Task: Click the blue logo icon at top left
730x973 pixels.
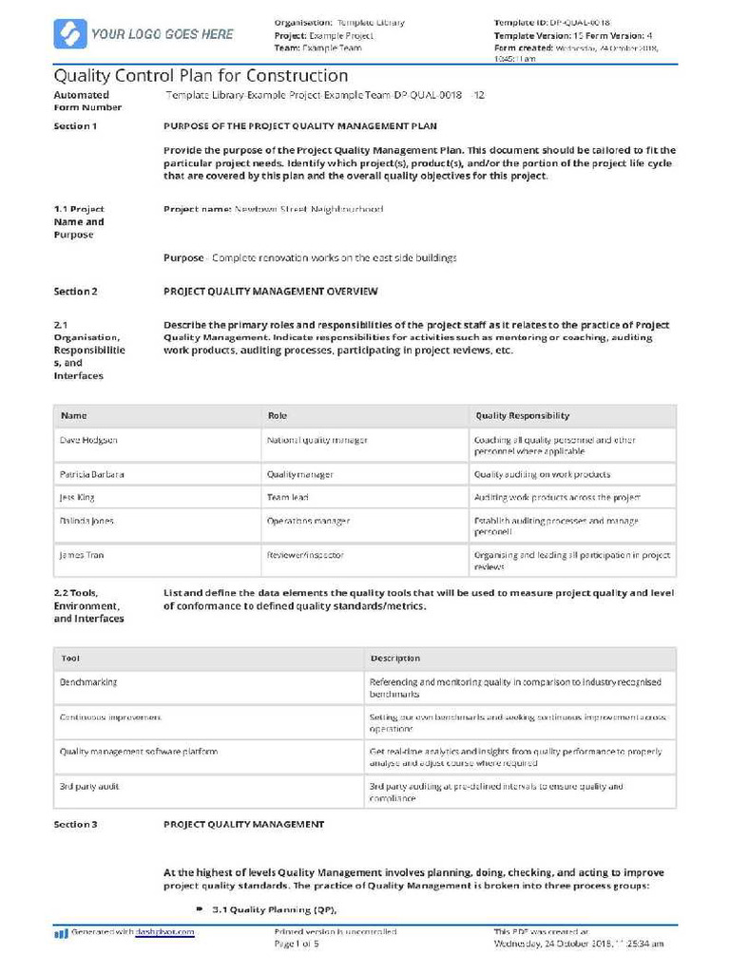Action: coord(68,34)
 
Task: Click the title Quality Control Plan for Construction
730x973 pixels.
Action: coord(201,76)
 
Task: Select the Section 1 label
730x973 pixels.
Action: coord(75,125)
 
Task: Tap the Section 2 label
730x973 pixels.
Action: coord(75,292)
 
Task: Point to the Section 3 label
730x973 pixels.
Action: coord(75,824)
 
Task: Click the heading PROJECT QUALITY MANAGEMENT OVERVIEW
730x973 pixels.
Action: coord(271,292)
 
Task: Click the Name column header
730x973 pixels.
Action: coord(74,415)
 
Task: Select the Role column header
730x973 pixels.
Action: coord(278,415)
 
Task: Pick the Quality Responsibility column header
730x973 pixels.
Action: coord(522,415)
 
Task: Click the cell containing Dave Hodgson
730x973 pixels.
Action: coord(89,440)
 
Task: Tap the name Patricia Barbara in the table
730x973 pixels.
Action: coord(92,474)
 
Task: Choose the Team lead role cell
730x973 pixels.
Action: coord(288,497)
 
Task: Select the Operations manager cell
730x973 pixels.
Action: coord(308,521)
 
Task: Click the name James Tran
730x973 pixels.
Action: coord(82,555)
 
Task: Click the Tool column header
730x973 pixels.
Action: coord(70,658)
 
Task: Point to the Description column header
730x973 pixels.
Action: coord(395,658)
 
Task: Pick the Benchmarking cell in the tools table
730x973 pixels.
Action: coord(88,682)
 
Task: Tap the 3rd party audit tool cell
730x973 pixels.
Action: coord(89,787)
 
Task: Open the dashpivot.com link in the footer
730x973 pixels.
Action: coord(164,932)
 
